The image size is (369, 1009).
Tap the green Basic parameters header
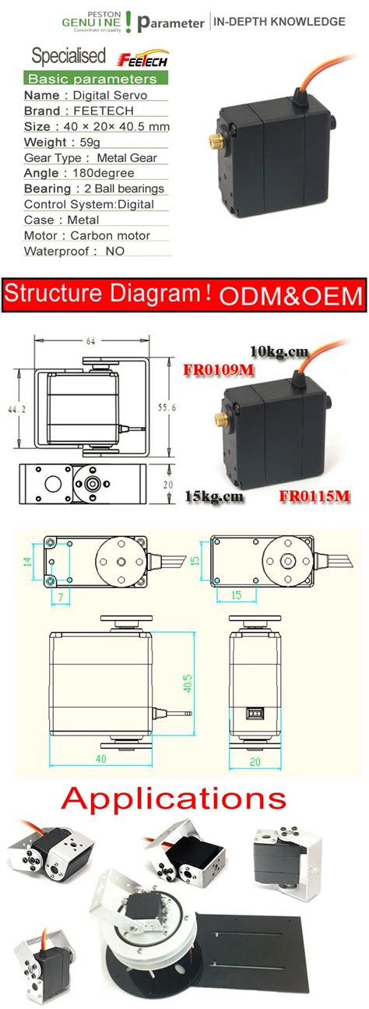pyautogui.click(x=92, y=79)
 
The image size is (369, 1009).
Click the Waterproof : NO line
pyautogui.click(x=74, y=251)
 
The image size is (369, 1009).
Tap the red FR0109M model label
pyautogui.click(x=219, y=369)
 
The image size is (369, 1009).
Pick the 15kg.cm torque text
pyautogui.click(x=214, y=495)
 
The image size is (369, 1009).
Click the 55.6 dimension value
pyautogui.click(x=161, y=407)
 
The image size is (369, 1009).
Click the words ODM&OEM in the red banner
pyautogui.click(x=290, y=296)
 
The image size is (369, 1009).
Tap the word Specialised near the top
pyautogui.click(x=68, y=56)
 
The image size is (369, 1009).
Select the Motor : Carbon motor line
pyautogui.click(x=87, y=235)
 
